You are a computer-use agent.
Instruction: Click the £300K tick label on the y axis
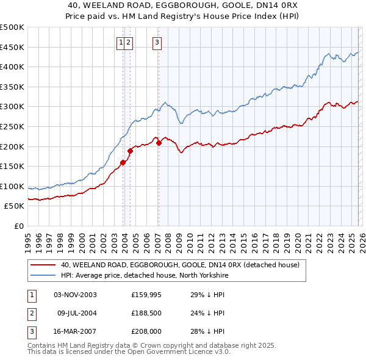tap(12, 107)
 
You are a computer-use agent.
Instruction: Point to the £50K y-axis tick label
tap(14, 206)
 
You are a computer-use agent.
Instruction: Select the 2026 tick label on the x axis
tap(361, 237)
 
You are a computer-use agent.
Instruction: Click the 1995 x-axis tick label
tap(28, 237)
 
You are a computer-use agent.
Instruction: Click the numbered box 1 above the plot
tap(121, 42)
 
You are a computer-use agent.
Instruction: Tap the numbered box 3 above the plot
tap(157, 42)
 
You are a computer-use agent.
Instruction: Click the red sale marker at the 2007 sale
tap(159, 143)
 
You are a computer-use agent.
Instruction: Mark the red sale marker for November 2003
tap(123, 162)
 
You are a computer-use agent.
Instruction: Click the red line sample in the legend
tap(43, 265)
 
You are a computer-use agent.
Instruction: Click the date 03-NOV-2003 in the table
tap(75, 295)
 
